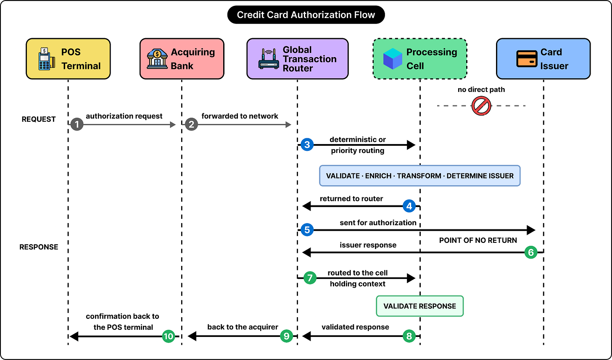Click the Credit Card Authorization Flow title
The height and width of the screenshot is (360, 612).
point(306,15)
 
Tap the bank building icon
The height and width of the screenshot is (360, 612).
point(157,59)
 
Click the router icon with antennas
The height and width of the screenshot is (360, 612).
point(269,59)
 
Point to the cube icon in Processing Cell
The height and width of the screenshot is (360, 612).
point(393,59)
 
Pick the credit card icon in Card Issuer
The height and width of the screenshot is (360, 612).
point(527,59)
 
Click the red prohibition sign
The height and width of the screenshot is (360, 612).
point(481,106)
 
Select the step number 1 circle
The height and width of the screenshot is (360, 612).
point(77,124)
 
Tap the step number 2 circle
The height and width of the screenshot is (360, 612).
point(192,124)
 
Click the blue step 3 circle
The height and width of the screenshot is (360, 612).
point(307,145)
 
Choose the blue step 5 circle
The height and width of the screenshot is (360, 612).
point(307,230)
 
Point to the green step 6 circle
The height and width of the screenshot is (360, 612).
point(531,252)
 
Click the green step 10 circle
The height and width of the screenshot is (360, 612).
point(169,336)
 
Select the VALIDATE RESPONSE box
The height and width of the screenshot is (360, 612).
point(419,306)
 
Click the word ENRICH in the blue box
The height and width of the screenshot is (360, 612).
point(378,176)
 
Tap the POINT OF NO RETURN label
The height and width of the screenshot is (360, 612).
point(478,240)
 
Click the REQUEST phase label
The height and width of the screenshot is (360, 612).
point(39,119)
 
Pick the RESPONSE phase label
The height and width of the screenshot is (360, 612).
point(39,247)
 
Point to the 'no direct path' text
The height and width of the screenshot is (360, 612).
point(481,89)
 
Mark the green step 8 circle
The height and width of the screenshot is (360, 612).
point(409,336)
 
